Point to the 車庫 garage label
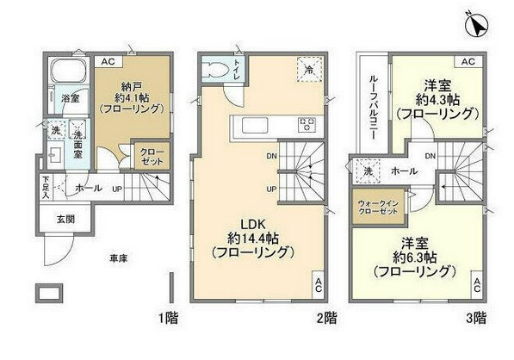click(119, 258)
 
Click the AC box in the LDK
click(317, 283)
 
